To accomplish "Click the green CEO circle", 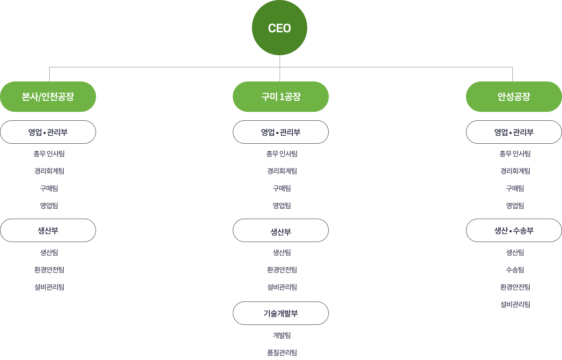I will pyautogui.click(x=280, y=28).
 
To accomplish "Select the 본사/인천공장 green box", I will pyautogui.click(x=48, y=97).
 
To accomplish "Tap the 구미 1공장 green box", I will pyautogui.click(x=281, y=97).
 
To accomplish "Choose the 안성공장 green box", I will pyautogui.click(x=514, y=97).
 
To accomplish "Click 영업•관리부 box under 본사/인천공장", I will pyautogui.click(x=48, y=132).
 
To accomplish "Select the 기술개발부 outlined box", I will pyautogui.click(x=281, y=313).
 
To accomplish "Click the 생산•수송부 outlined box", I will pyautogui.click(x=514, y=230).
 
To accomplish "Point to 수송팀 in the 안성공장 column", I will pyautogui.click(x=515, y=270).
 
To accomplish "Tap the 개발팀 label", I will pyautogui.click(x=281, y=335).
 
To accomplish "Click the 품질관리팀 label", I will pyautogui.click(x=281, y=353).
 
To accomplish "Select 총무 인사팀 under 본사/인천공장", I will pyautogui.click(x=49, y=154).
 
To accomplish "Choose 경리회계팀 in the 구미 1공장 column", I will pyautogui.click(x=281, y=171).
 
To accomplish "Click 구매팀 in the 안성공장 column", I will pyautogui.click(x=515, y=188).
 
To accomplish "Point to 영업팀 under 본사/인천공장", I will pyautogui.click(x=49, y=206).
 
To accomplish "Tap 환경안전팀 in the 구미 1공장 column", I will pyautogui.click(x=281, y=270).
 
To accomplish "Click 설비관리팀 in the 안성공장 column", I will pyautogui.click(x=515, y=304).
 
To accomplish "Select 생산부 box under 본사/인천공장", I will pyautogui.click(x=48, y=230).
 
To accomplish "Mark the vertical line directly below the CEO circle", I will pyautogui.click(x=280, y=61).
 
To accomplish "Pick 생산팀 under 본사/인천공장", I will pyautogui.click(x=49, y=252).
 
